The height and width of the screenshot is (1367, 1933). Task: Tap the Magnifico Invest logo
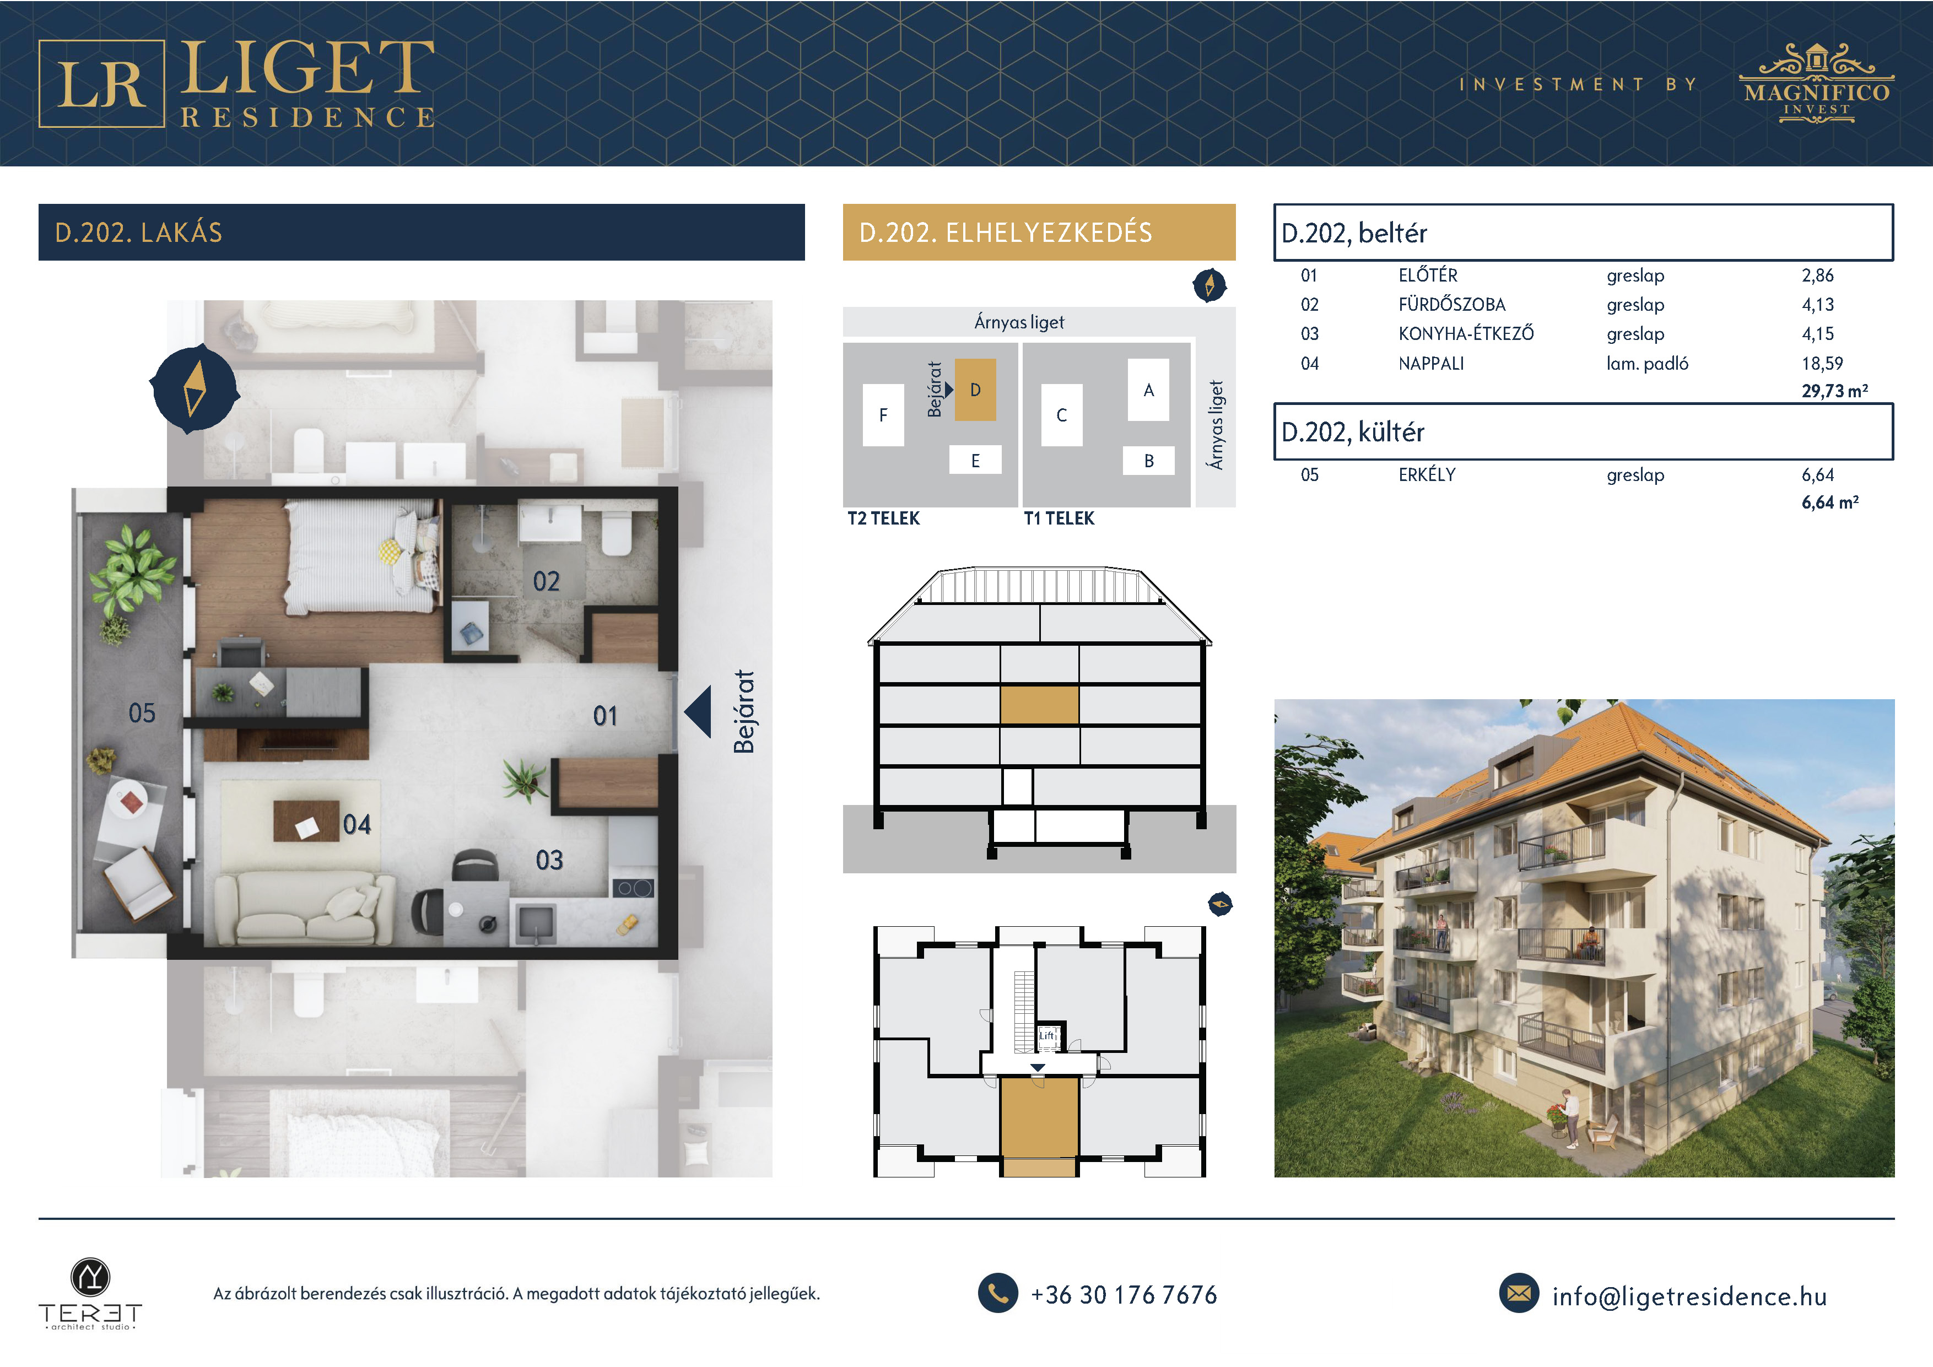coord(1817,83)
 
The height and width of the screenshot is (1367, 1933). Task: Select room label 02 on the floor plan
coord(547,581)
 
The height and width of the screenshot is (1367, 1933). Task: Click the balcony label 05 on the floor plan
coord(142,714)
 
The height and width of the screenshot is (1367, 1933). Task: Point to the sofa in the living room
coord(304,907)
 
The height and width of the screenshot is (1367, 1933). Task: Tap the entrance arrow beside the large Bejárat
coord(698,712)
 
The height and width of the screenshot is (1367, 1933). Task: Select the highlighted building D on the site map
coord(975,390)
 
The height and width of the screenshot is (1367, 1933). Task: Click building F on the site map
coord(883,415)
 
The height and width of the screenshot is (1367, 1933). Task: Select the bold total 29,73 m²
coord(1834,391)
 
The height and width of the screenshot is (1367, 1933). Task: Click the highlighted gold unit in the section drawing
coord(1039,705)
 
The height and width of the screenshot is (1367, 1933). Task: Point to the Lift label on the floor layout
coord(1046,1035)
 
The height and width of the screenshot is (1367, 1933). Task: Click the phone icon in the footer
coord(998,1293)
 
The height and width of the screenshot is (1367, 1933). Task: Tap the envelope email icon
coord(1519,1293)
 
